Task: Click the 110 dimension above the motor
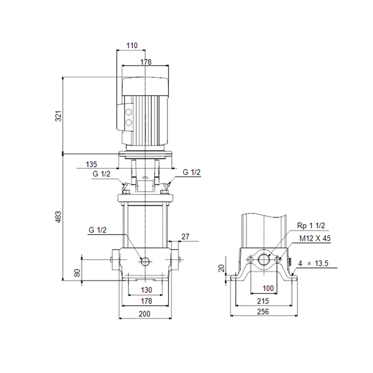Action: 132,45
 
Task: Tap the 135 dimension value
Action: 91,165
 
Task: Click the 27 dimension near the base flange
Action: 185,237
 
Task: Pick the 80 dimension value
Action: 77,273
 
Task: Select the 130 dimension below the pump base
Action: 146,290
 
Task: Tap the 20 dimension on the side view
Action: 221,268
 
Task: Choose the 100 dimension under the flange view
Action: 268,288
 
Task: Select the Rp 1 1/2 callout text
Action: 311,226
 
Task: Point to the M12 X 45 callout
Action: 315,239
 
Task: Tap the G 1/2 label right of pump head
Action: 192,172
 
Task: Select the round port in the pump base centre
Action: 145,262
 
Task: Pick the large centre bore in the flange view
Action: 264,259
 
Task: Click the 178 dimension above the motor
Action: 146,62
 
